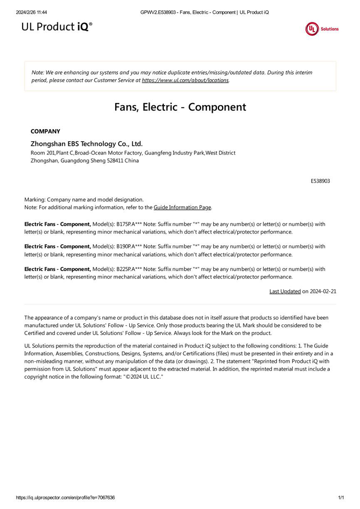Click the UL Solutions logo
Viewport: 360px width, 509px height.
(x=321, y=29)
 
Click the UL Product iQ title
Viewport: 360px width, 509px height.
(x=57, y=27)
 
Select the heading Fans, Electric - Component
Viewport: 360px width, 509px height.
(x=180, y=107)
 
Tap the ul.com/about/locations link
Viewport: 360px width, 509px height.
(x=185, y=80)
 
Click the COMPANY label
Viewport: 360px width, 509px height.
(x=45, y=131)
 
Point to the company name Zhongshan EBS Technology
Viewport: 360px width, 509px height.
(x=86, y=144)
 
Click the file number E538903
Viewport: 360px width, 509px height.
(x=320, y=181)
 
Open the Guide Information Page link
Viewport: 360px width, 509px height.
(x=182, y=207)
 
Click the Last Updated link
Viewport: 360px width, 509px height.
(x=285, y=291)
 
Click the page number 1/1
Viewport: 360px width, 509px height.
(x=341, y=498)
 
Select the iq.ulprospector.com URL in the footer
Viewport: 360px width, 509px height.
(x=65, y=498)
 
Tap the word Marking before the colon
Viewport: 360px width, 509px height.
(x=34, y=199)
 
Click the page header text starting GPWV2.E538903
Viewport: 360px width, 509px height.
(x=205, y=12)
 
